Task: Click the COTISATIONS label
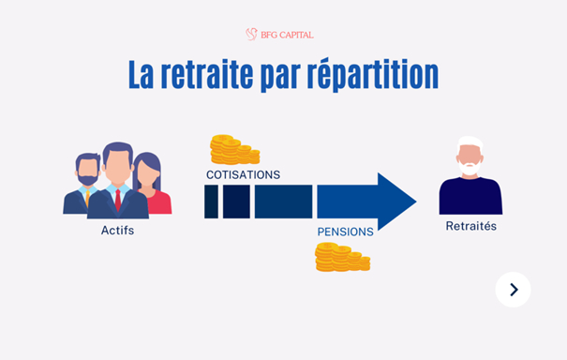pyautogui.click(x=243, y=174)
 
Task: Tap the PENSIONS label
pyautogui.click(x=345, y=231)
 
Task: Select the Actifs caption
pyautogui.click(x=117, y=231)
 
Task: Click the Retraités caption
pyautogui.click(x=470, y=226)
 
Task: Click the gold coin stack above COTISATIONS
pyautogui.click(x=233, y=149)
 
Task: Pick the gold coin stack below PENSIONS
pyautogui.click(x=341, y=256)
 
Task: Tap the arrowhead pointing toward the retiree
pyautogui.click(x=396, y=201)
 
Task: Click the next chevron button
pyautogui.click(x=513, y=290)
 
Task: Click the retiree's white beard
pyautogui.click(x=470, y=169)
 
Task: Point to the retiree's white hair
pyautogui.click(x=470, y=142)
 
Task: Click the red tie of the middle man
pyautogui.click(x=118, y=199)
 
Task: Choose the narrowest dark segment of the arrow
pyautogui.click(x=211, y=202)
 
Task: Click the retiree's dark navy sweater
pyautogui.click(x=470, y=197)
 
